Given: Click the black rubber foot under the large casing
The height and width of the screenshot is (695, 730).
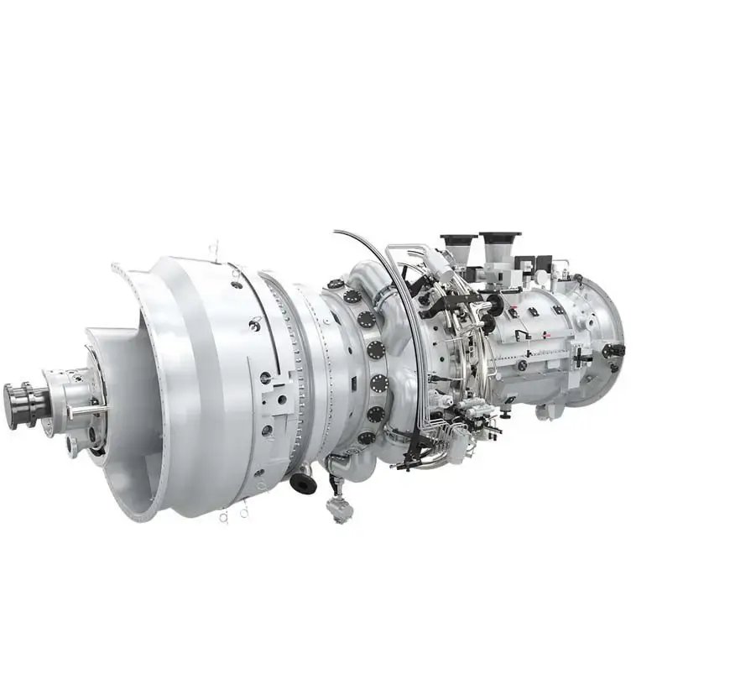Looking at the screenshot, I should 303,483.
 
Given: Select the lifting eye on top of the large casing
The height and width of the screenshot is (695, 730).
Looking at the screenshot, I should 214,249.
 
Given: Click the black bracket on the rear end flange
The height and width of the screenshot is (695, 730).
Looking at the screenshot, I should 613,350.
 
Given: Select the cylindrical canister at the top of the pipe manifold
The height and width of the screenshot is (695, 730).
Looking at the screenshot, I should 437,267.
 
